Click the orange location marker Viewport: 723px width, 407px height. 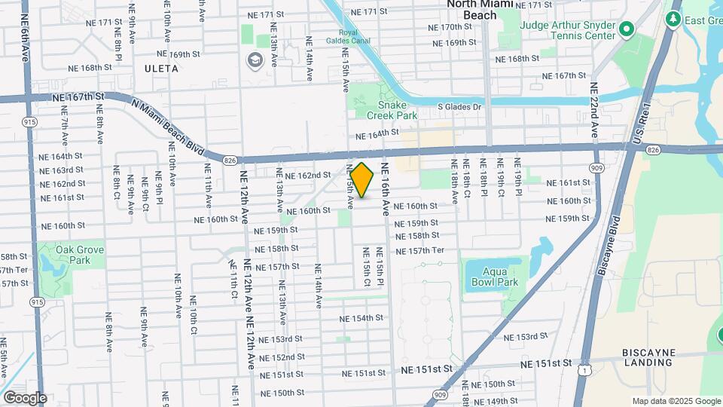(361, 180)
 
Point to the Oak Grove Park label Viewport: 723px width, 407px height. (80, 255)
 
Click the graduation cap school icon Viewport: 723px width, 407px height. (255, 60)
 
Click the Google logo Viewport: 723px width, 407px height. (25, 397)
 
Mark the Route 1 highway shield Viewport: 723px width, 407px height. (584, 370)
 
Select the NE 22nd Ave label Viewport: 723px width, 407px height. (594, 109)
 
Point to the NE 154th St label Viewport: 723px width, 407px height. (361, 318)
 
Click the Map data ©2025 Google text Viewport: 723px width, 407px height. (676, 401)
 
